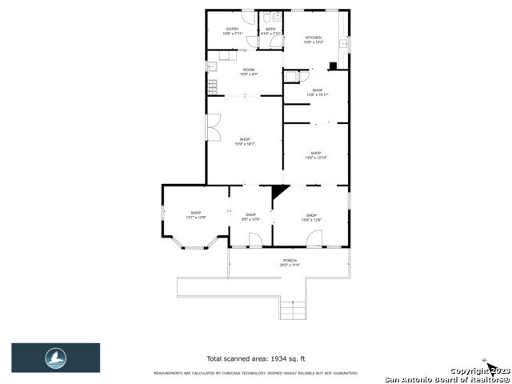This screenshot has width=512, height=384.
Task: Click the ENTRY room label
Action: pos(232,32)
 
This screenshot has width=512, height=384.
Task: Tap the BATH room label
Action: pos(270,32)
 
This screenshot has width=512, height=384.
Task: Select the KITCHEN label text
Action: pos(313,40)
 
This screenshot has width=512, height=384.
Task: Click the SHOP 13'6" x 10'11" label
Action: pos(317,92)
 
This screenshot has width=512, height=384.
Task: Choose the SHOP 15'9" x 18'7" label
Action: pos(244,142)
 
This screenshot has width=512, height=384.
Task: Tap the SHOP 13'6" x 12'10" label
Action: pos(315,155)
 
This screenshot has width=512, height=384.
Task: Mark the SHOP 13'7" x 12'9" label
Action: pos(196,215)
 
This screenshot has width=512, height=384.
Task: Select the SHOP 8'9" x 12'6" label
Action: pos(250,217)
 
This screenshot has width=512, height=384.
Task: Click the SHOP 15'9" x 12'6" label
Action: pos(311,217)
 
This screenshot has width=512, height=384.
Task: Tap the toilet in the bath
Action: pos(274,16)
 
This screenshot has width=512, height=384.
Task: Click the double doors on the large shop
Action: pos(213,128)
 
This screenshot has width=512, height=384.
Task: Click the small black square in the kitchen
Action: pos(332,66)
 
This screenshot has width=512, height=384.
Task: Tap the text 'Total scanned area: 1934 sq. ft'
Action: pos(255,358)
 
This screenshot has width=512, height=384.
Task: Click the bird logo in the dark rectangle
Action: pos(55,358)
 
